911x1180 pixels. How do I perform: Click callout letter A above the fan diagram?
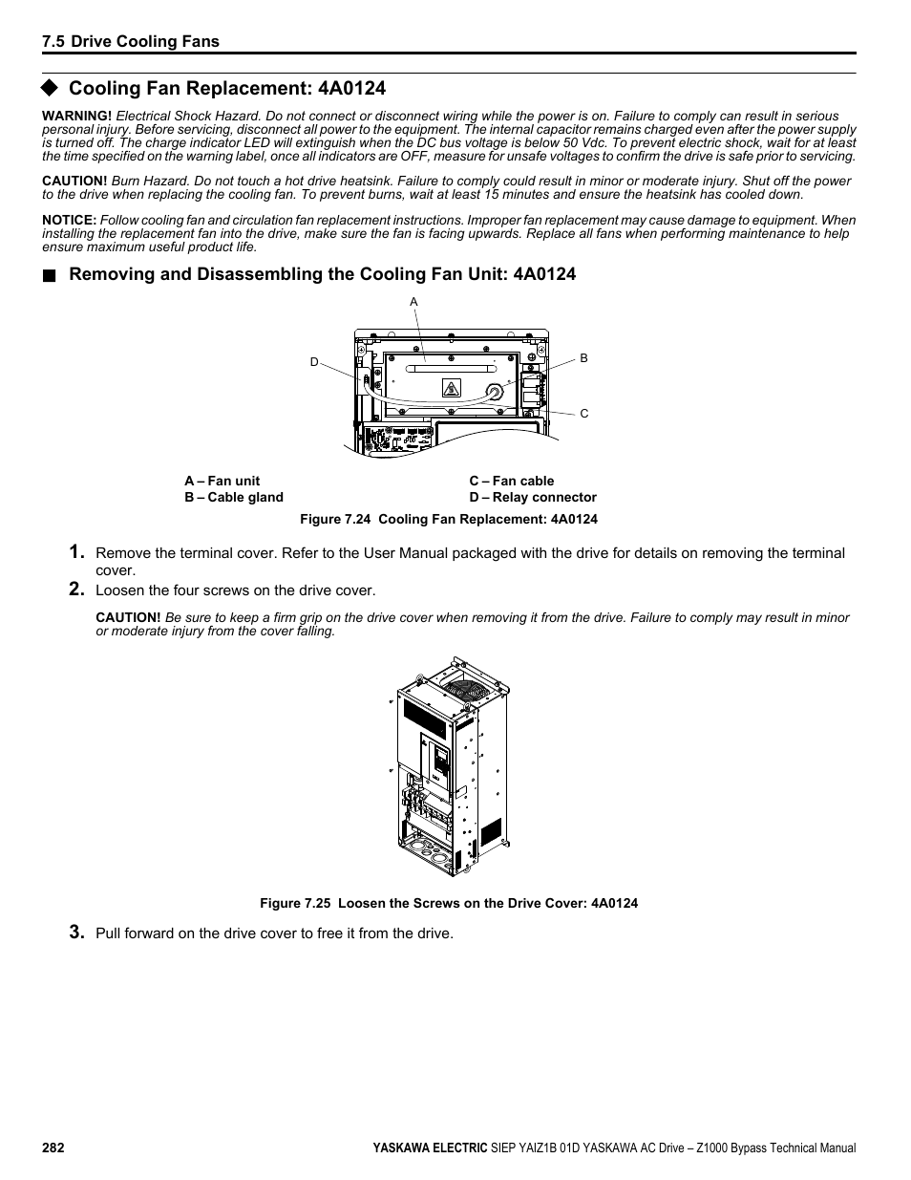coord(413,302)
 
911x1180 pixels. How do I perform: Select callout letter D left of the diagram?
coord(313,362)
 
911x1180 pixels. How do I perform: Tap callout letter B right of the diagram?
coord(584,358)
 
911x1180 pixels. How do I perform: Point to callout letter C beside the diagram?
coord(584,414)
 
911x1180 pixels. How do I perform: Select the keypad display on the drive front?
coord(441,761)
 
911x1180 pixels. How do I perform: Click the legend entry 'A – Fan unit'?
coord(222,482)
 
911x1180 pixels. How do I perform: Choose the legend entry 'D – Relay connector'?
coord(532,498)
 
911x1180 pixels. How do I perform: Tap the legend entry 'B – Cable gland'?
coord(234,498)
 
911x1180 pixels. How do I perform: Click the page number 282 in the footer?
coord(53,1148)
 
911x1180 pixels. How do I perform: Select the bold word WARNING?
coord(76,116)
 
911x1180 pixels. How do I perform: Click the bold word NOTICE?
coord(69,220)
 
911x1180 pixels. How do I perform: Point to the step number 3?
coord(75,933)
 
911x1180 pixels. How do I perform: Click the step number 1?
coord(75,552)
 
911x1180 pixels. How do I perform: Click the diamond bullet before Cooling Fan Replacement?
coord(50,88)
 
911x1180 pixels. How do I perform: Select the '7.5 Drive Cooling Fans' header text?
coord(131,41)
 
